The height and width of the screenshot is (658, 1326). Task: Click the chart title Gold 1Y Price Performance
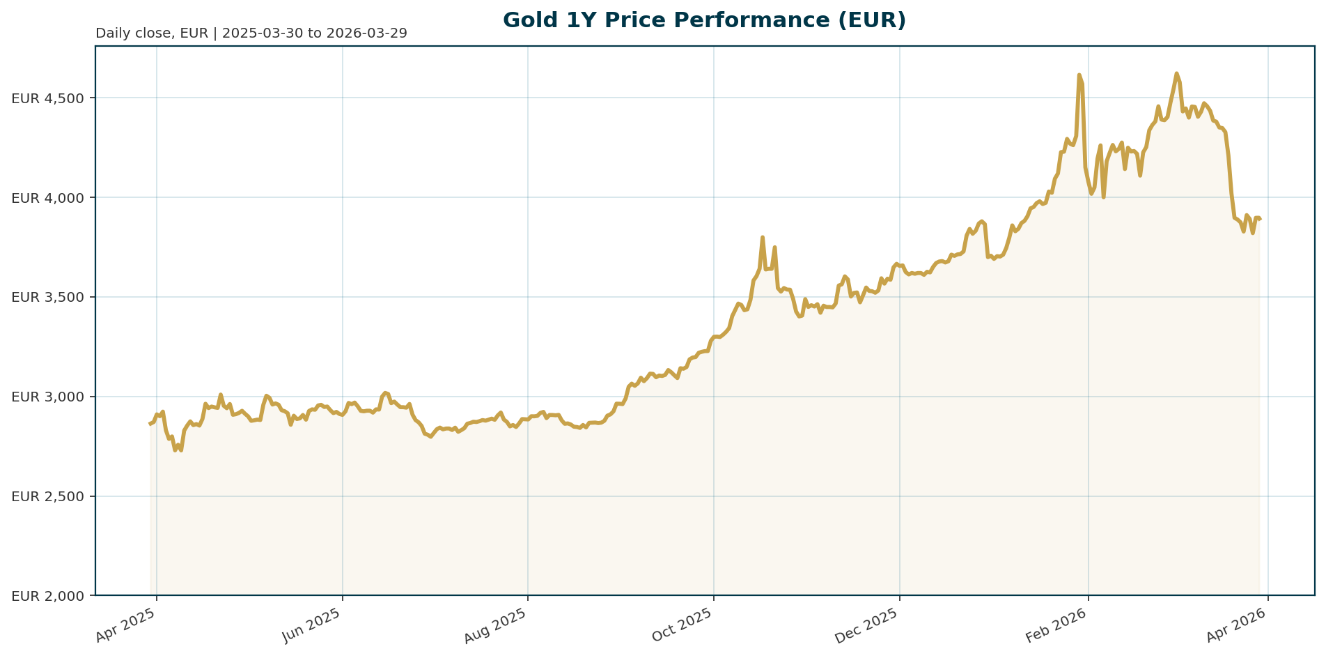(x=704, y=20)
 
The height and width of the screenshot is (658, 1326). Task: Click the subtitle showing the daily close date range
(x=251, y=33)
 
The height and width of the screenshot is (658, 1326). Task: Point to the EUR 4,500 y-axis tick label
(x=47, y=98)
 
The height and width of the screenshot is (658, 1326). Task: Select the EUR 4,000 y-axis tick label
(x=47, y=198)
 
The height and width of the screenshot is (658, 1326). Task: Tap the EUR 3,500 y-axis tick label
(x=47, y=298)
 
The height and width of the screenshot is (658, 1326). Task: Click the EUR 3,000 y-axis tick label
(x=47, y=397)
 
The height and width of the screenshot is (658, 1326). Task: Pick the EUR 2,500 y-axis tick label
(x=47, y=497)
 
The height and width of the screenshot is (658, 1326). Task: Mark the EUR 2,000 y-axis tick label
(x=47, y=597)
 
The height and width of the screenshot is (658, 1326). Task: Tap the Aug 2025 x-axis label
(x=498, y=625)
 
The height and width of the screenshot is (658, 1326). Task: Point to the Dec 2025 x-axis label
(x=869, y=625)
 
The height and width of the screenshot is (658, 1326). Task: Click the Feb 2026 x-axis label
(x=1058, y=625)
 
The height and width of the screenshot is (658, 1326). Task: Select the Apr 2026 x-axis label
(x=1238, y=625)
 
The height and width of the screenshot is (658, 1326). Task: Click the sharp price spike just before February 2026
(x=1079, y=75)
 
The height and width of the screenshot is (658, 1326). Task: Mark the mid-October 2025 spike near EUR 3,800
(x=763, y=237)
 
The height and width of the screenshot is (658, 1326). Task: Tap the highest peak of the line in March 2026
(x=1176, y=73)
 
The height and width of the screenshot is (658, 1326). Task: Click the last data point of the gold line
(x=1260, y=220)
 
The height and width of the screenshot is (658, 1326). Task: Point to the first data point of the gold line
(x=150, y=424)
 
